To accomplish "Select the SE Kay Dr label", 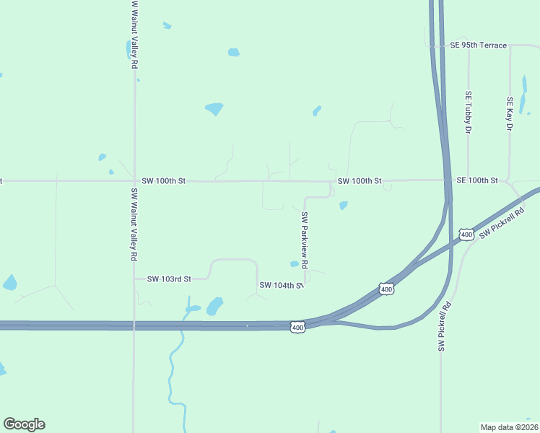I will point(510,113).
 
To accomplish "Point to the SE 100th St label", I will point(477,180).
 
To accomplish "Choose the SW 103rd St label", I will point(169,279).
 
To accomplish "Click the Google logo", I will point(24,424).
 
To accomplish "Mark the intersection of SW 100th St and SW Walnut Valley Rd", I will point(135,180).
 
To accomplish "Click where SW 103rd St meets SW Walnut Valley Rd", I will point(135,279).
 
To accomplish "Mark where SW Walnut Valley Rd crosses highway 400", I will point(134,326).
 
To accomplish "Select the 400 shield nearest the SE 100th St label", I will point(466,235).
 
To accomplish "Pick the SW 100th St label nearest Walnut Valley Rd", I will point(164,180).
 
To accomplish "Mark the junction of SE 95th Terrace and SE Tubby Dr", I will point(468,46).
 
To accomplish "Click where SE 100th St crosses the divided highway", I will point(447,180).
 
